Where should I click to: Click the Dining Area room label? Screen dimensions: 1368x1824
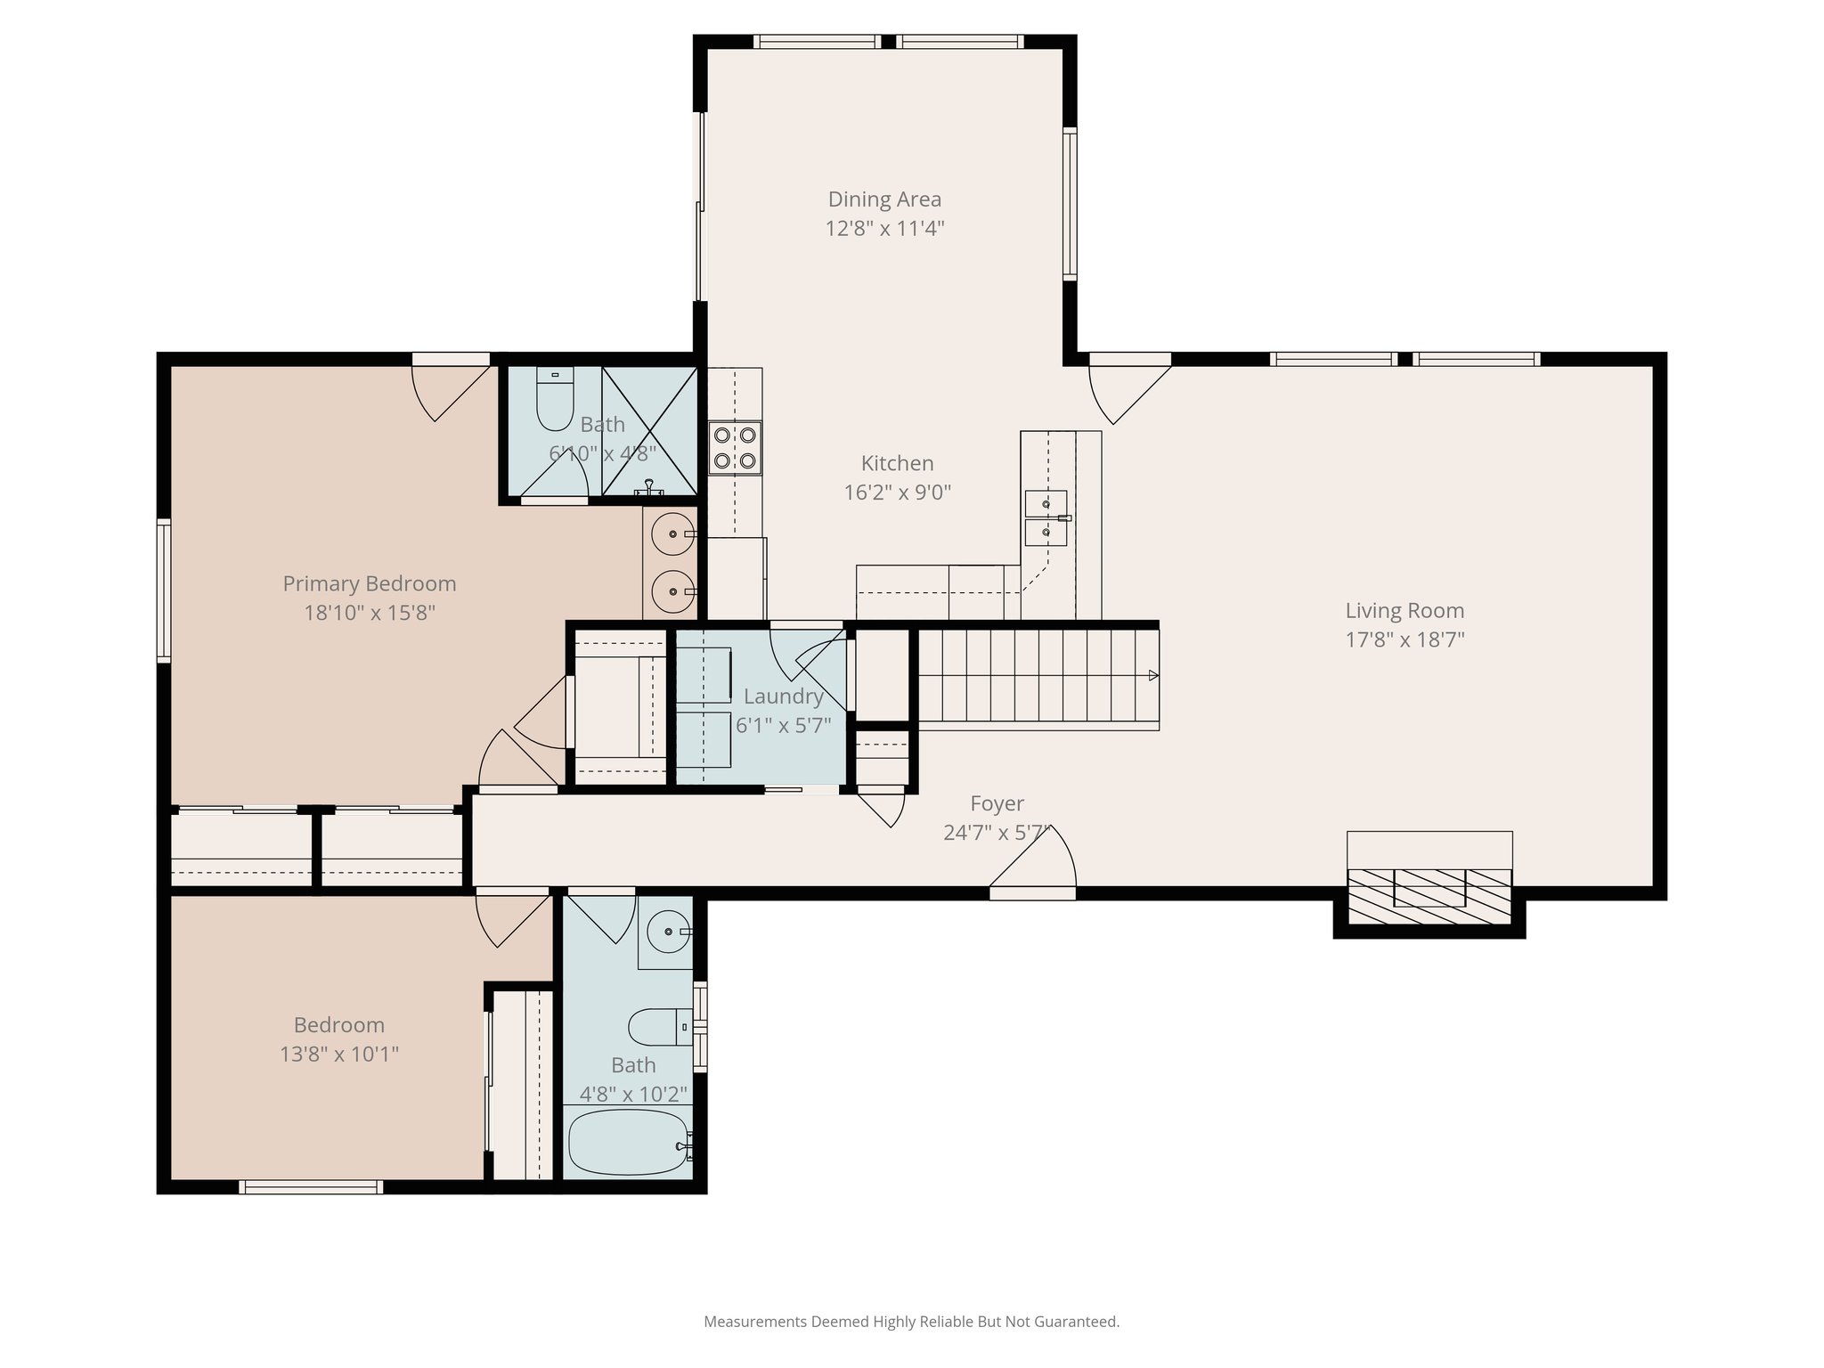883,199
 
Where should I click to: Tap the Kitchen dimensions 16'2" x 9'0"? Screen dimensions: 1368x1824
897,493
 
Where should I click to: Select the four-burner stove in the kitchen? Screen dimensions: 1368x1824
735,447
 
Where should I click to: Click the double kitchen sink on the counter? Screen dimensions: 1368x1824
1046,517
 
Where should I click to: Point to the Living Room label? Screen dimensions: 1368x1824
1404,611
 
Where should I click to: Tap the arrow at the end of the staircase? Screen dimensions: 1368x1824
1153,675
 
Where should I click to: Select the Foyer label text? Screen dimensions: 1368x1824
997,803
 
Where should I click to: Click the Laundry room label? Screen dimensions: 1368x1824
783,696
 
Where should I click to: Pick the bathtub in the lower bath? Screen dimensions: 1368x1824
627,1142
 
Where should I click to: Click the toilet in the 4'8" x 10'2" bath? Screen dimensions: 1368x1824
657,1027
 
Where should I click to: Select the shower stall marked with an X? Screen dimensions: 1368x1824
649,430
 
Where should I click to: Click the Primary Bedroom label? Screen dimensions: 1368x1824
369,583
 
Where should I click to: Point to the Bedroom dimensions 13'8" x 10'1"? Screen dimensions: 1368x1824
338,1054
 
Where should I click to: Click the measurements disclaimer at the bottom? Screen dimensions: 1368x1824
911,1322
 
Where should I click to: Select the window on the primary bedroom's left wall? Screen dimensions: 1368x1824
164,590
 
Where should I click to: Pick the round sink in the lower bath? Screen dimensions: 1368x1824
665,932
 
